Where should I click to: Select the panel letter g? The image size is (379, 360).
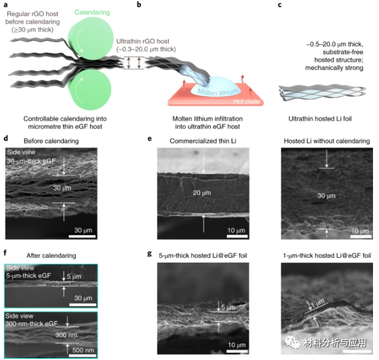(x=159, y=255)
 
